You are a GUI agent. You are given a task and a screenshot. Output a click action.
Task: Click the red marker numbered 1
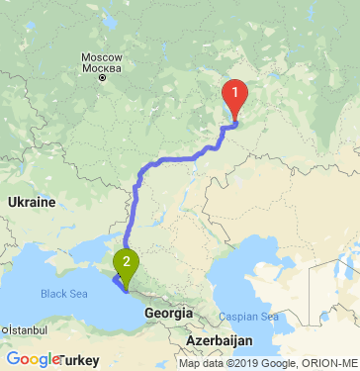(x=235, y=95)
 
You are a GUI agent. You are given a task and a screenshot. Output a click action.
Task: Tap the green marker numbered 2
(x=127, y=264)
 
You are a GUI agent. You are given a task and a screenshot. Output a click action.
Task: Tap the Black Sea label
(x=64, y=294)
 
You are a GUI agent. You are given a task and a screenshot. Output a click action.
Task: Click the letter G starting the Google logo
(x=13, y=359)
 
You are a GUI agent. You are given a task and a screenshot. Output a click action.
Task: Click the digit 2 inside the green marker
(x=127, y=261)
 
